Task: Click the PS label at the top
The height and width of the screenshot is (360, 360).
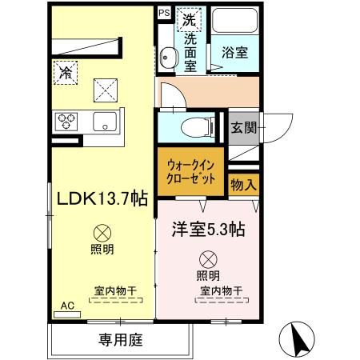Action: (164, 12)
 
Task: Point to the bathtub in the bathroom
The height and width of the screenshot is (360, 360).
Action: (235, 27)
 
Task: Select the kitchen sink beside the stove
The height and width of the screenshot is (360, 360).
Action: (105, 122)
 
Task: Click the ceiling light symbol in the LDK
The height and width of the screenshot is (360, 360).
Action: (102, 234)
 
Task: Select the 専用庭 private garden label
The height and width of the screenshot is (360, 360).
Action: (121, 340)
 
